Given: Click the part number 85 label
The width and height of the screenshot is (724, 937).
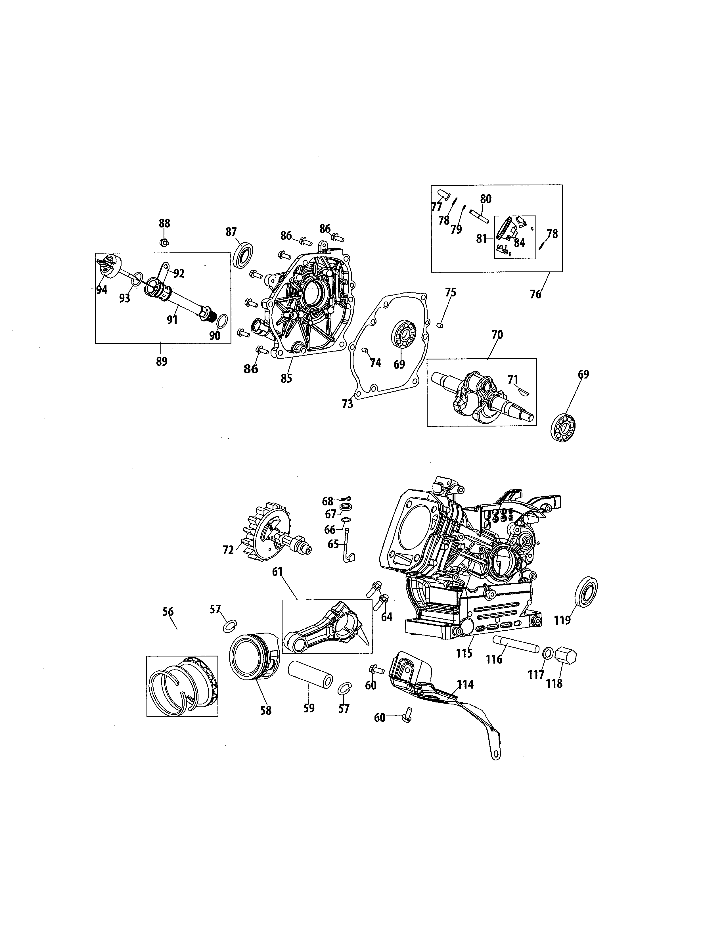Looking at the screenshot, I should click(286, 379).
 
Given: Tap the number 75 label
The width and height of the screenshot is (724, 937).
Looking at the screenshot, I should click(450, 292).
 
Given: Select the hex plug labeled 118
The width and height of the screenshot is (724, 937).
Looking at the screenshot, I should click(566, 656).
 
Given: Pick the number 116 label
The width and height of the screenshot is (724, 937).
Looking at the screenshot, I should click(494, 659).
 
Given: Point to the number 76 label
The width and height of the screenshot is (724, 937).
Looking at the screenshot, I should click(535, 295).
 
